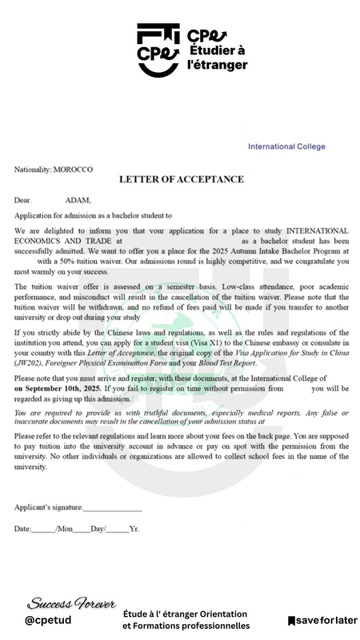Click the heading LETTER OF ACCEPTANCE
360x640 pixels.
coord(182,178)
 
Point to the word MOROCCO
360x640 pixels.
coord(73,170)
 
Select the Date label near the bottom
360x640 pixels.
coord(22,530)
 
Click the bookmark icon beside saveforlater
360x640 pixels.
coord(292,620)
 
